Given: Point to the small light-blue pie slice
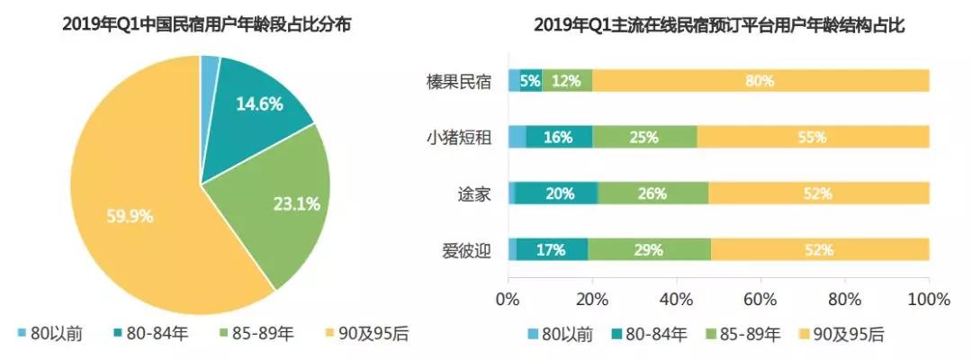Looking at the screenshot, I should (x=211, y=65).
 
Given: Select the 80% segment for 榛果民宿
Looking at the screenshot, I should (x=760, y=80).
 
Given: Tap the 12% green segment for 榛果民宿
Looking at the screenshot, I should (x=567, y=80).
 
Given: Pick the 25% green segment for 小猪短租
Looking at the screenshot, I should (x=644, y=137).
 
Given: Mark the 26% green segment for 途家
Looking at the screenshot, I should (x=652, y=193).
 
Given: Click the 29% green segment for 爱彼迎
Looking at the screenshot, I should (x=649, y=249).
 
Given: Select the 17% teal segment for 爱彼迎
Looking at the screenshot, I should (x=552, y=249).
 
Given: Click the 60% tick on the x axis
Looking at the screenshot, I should (x=760, y=299).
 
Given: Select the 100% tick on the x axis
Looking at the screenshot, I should (x=928, y=299).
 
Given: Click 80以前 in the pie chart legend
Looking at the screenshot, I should (x=54, y=334).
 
